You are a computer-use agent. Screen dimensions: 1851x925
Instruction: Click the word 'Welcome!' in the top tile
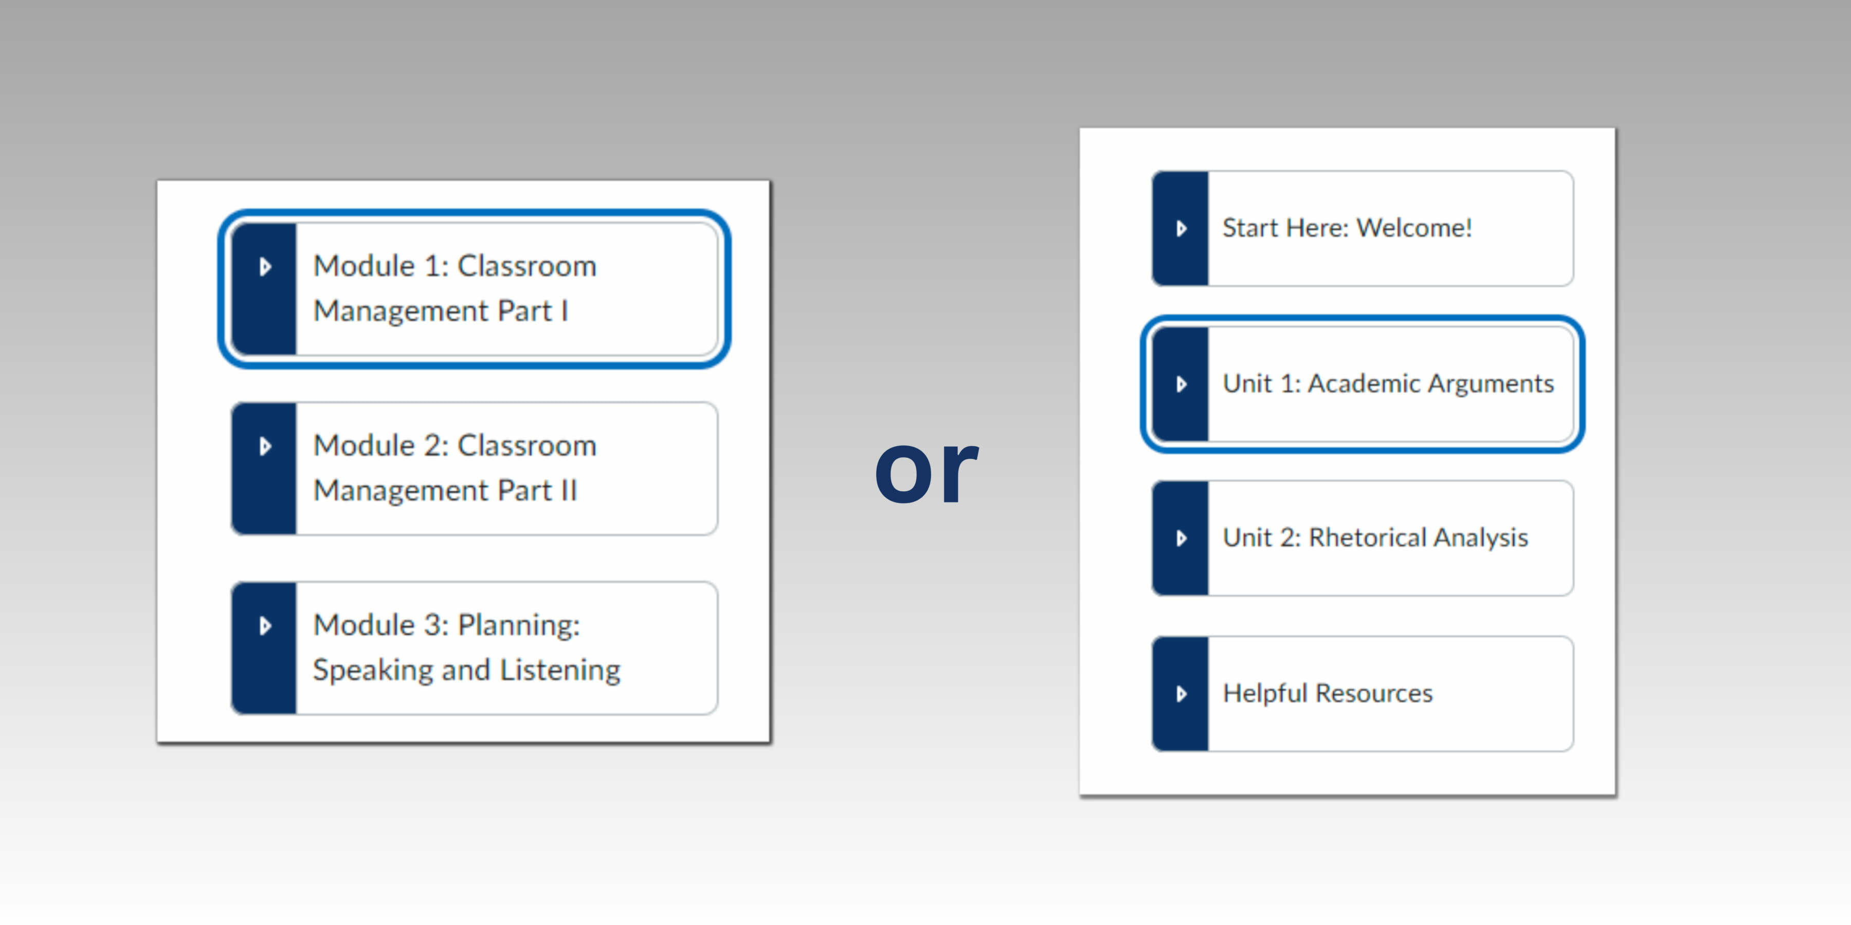click(1414, 228)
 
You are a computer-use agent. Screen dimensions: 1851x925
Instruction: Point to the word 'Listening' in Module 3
click(560, 670)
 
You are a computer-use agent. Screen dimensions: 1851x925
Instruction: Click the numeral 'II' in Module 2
click(568, 491)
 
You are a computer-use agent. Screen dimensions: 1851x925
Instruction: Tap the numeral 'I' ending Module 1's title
click(565, 311)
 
